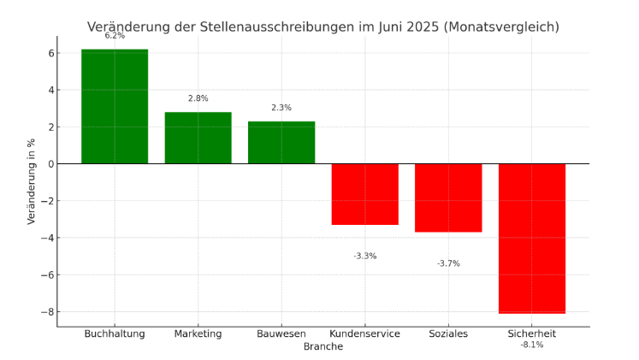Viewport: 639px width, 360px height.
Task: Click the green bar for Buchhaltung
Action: (x=115, y=106)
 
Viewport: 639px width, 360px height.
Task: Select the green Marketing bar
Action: (x=198, y=138)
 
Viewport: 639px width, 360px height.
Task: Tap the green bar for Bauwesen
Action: (x=281, y=142)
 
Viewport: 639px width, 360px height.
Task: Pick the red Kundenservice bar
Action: (x=365, y=194)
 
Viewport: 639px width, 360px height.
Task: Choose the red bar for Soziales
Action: (x=448, y=198)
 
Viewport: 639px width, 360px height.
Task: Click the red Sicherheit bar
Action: (x=532, y=239)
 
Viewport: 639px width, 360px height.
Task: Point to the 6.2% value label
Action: (x=115, y=36)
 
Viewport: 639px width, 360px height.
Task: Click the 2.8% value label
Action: (x=198, y=98)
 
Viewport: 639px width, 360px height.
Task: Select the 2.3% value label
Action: (x=281, y=108)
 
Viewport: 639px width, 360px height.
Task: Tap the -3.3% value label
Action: (x=365, y=256)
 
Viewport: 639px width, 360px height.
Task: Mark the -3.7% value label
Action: (x=448, y=263)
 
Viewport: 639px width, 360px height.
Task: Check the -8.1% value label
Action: (x=532, y=345)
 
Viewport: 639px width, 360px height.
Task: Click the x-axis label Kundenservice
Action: (x=365, y=333)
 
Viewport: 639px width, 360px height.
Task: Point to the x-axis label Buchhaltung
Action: (x=115, y=333)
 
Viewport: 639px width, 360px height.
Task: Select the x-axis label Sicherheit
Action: (x=532, y=333)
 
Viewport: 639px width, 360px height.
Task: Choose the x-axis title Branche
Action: (x=323, y=346)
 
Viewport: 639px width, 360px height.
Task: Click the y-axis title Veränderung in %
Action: (x=32, y=180)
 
